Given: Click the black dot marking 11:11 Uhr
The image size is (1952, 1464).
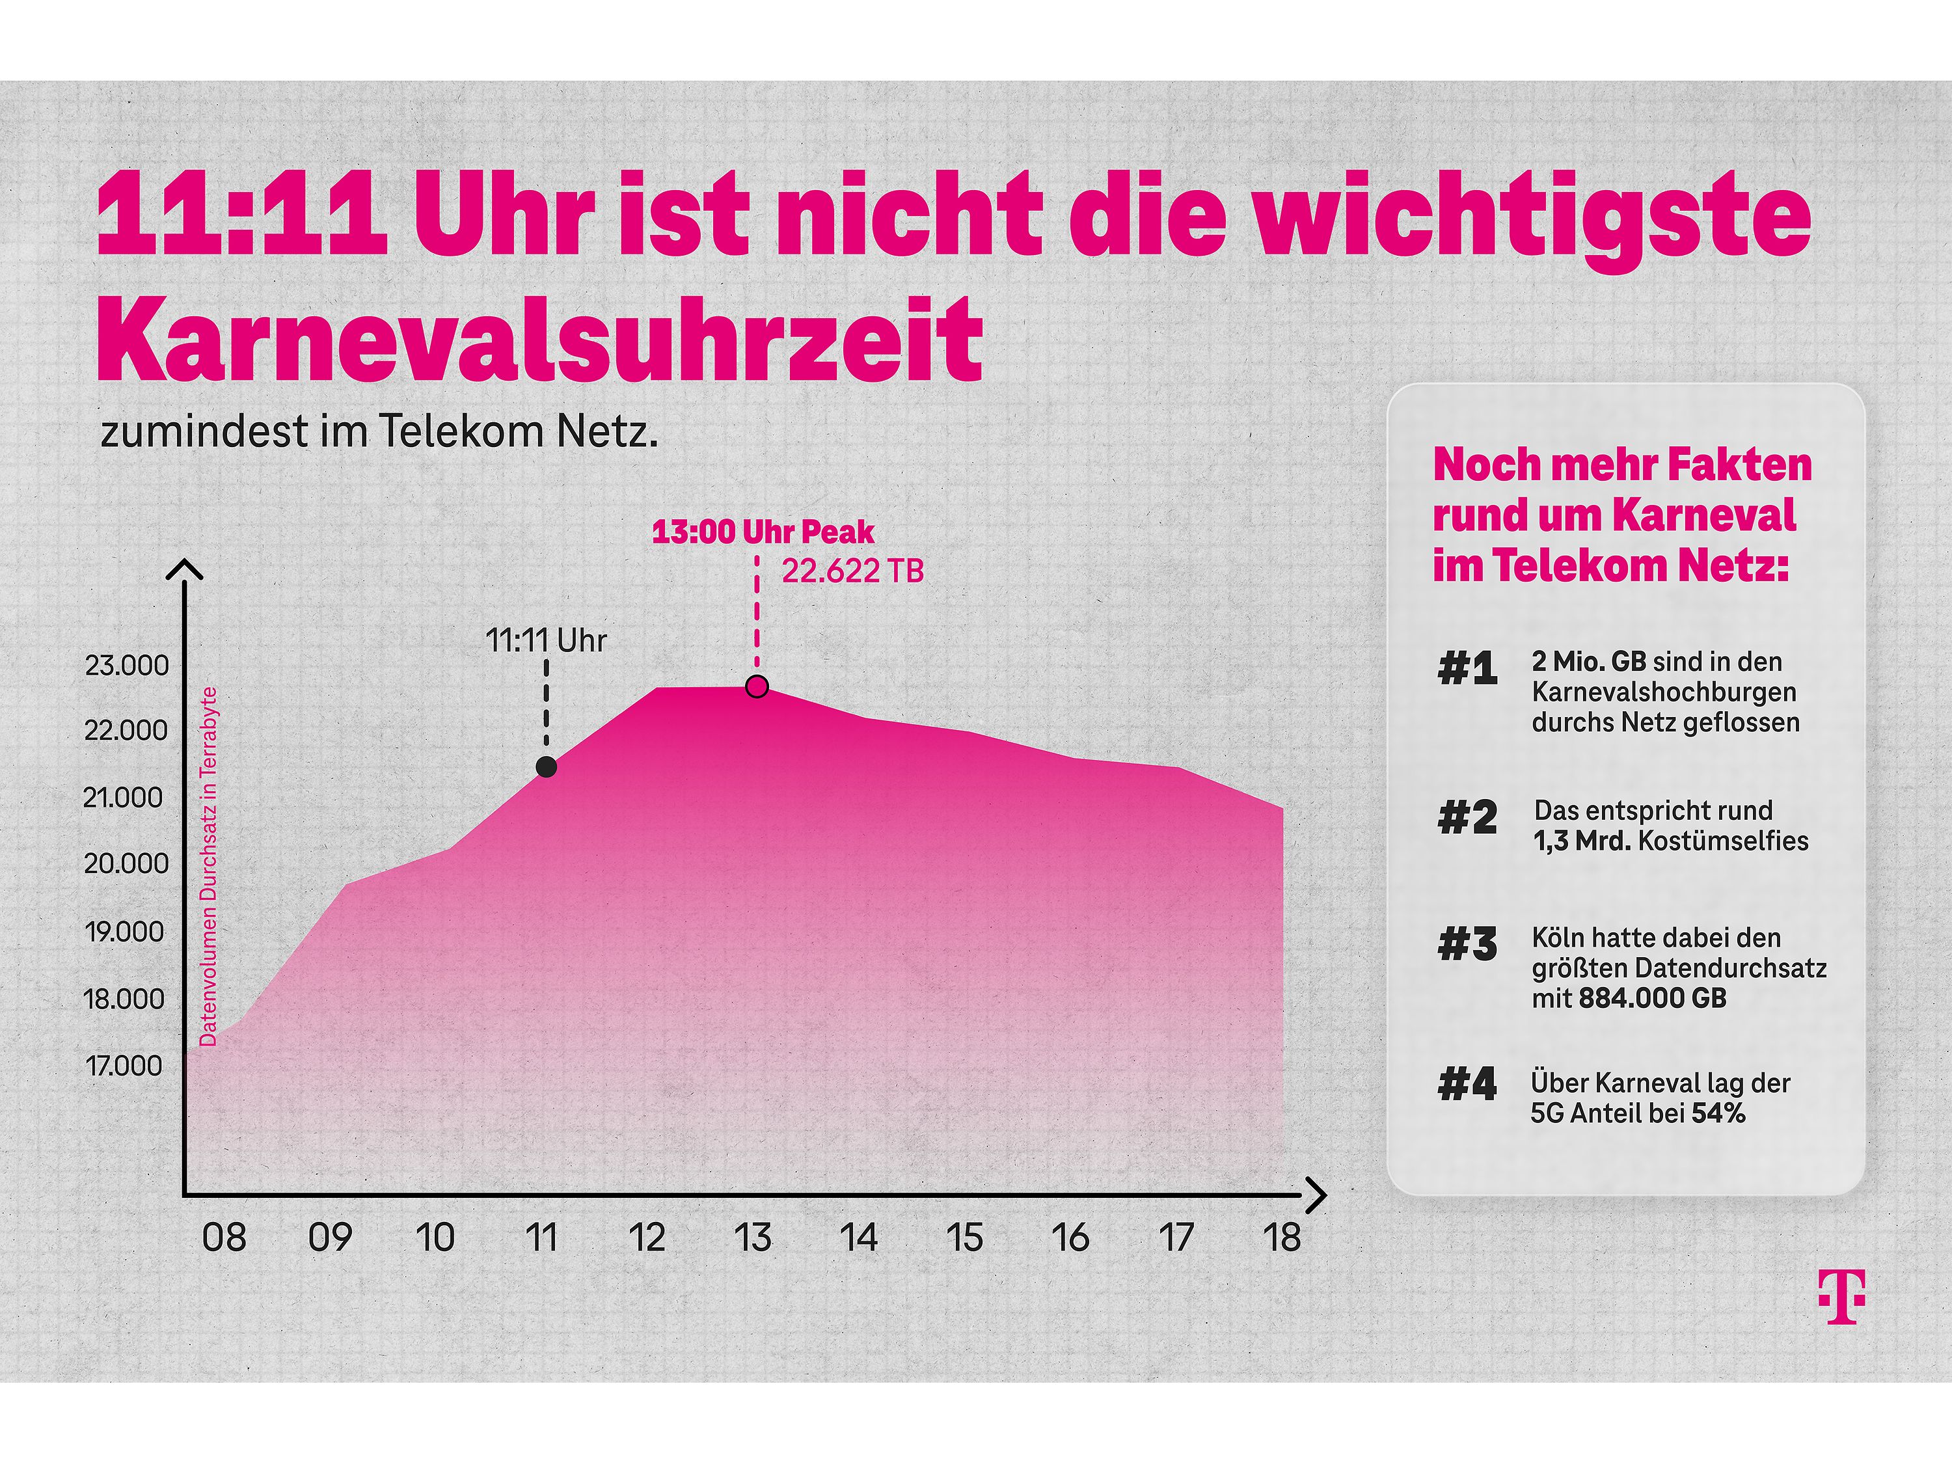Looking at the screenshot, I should coord(547,767).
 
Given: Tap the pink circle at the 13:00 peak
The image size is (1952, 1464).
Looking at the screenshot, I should coord(757,686).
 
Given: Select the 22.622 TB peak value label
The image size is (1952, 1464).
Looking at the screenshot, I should coord(852,571).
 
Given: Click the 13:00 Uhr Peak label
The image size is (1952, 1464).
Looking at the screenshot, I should coord(763,532).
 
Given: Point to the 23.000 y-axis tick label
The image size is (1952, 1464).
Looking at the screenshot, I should coord(126,666).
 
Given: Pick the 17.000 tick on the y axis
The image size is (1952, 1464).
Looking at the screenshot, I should coord(124,1066).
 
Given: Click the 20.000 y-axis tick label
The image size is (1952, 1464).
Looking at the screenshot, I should coord(126,863).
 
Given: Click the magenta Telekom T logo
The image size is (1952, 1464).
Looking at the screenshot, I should coord(1841,1296).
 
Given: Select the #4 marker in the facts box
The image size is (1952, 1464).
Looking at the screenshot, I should coord(1467,1083).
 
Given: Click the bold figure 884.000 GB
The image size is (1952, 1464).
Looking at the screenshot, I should coord(1652,998).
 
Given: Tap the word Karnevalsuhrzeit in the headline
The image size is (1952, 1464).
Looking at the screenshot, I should coord(540,340).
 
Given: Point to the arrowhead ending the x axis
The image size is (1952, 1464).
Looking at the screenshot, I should coord(1318,1196).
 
